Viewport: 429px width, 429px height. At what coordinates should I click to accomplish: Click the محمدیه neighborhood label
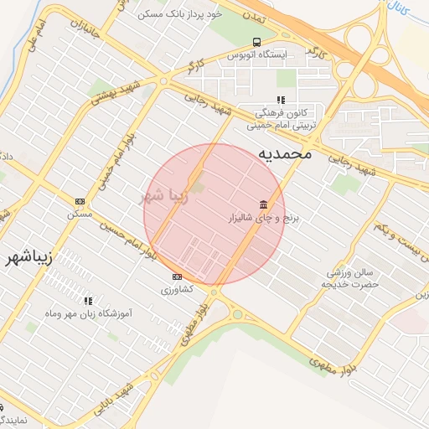[x=284, y=154]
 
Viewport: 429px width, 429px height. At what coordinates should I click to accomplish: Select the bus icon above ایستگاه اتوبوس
[x=256, y=42]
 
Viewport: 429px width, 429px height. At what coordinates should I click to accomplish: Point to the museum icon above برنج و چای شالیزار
[x=264, y=205]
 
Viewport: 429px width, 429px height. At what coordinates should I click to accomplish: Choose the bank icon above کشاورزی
[x=176, y=277]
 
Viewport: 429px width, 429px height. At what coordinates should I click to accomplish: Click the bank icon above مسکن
[x=80, y=201]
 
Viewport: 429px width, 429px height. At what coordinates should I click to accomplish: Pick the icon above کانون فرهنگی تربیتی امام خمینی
[x=268, y=100]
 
